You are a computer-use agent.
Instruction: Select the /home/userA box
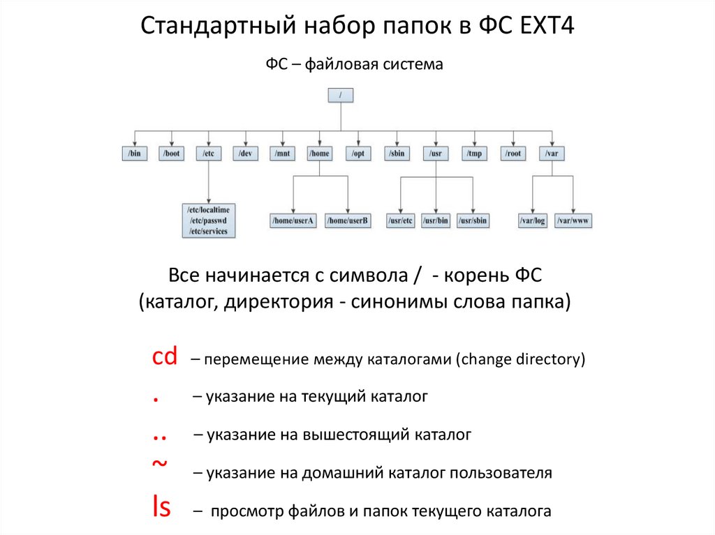click(x=293, y=221)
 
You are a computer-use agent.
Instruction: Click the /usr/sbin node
click(x=473, y=221)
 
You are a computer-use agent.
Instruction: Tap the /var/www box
click(x=573, y=221)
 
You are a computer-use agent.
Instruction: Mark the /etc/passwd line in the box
click(x=208, y=220)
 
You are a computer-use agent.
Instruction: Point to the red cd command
click(x=165, y=358)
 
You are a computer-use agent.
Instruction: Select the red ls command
click(x=161, y=508)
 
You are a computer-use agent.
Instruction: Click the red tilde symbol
click(x=159, y=462)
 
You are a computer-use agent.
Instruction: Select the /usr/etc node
click(x=401, y=221)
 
